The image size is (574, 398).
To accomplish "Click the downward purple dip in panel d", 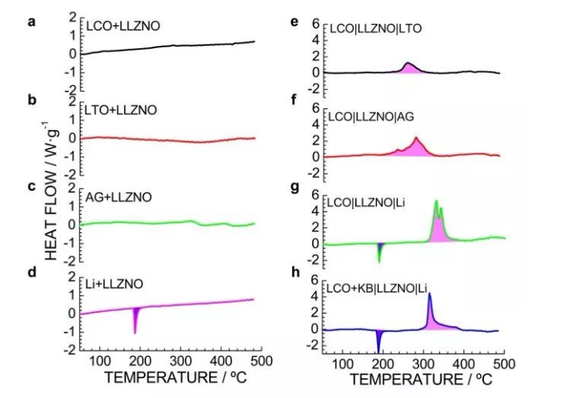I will tap(136, 320).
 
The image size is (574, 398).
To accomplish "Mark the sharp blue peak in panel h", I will tap(429, 296).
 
